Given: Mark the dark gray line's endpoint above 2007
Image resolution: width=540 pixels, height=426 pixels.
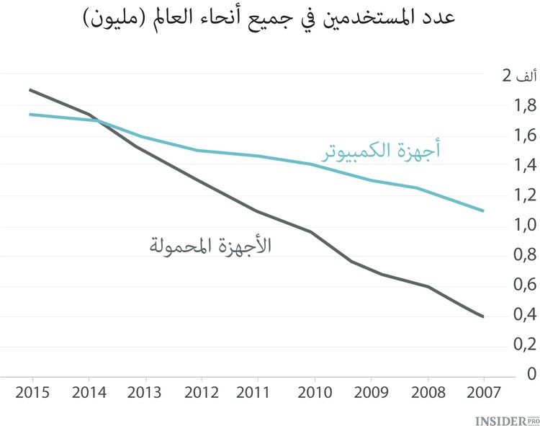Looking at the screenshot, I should tap(484, 316).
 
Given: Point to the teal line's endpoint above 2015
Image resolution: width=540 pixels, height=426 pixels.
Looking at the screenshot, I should tap(31, 114).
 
